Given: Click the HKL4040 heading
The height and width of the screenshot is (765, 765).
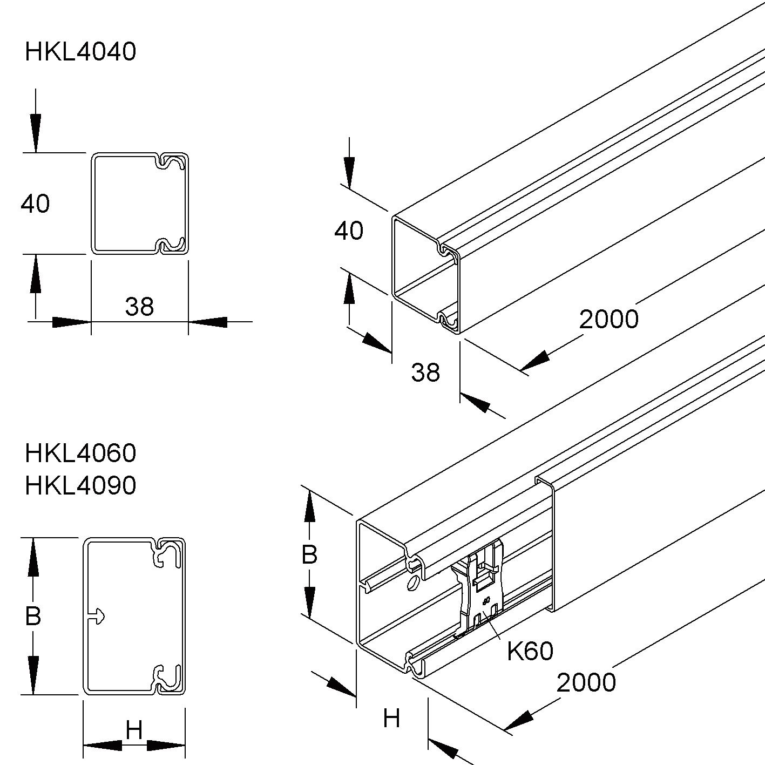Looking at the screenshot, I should coord(80,52).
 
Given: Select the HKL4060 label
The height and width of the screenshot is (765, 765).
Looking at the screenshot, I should coord(80,453).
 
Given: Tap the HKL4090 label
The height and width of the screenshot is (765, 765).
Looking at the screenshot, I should coord(80,486).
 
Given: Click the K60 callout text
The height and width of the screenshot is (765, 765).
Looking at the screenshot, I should coord(530,652).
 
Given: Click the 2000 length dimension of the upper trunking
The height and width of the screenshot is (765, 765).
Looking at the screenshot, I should coord(608,319).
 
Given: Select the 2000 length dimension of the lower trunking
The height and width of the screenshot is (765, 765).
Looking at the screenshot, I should coord(586,683).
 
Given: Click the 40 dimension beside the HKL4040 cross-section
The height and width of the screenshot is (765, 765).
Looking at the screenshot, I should coord(36,204).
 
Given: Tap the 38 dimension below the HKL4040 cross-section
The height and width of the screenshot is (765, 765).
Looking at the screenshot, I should coord(139,307).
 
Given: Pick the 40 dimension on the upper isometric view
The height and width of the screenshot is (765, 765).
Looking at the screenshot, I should coord(349,231).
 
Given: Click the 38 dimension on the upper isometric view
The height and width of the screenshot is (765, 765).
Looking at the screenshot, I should coord(425,373).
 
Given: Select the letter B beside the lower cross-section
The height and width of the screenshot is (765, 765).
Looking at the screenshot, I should coord(33,616).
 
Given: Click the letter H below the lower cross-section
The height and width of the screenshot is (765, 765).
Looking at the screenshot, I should coord(134,731).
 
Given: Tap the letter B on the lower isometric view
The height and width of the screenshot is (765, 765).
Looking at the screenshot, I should coord(309,554).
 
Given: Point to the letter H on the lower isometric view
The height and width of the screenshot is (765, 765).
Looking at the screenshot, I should coord(391,719).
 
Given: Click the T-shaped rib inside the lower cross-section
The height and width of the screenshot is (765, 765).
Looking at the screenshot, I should coord(96,616).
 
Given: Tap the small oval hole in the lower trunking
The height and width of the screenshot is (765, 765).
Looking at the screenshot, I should coord(413,584).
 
